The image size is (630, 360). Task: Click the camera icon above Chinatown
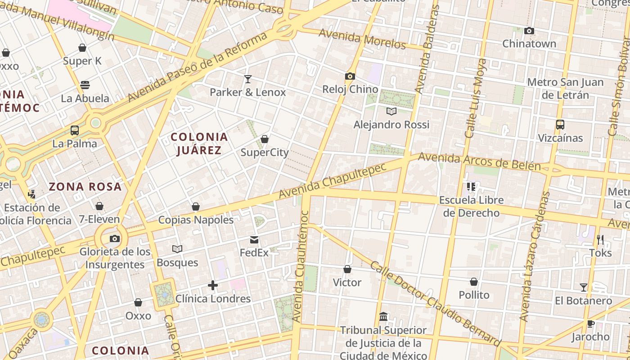pyautogui.click(x=529, y=31)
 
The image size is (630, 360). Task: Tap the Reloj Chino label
pyautogui.click(x=350, y=89)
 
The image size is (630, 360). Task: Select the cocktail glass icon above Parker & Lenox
pyautogui.click(x=247, y=79)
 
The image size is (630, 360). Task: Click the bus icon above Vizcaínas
pyautogui.click(x=560, y=125)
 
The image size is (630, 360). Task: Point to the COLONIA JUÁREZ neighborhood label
pyautogui.click(x=199, y=144)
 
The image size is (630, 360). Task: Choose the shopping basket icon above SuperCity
pyautogui.click(x=265, y=139)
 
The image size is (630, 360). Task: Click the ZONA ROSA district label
pyautogui.click(x=85, y=187)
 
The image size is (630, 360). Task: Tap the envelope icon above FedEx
pyautogui.click(x=254, y=240)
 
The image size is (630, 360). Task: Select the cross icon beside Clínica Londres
pyautogui.click(x=213, y=285)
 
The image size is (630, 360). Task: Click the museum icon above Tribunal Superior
pyautogui.click(x=383, y=317)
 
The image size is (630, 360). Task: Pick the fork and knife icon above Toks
pyautogui.click(x=600, y=239)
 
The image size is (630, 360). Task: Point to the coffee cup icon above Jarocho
pyautogui.click(x=591, y=324)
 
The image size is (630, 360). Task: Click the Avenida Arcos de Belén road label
pyautogui.click(x=479, y=162)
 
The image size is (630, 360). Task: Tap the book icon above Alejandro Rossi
pyautogui.click(x=391, y=111)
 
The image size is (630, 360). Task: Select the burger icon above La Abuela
pyautogui.click(x=85, y=85)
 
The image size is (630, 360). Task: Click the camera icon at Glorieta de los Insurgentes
pyautogui.click(x=115, y=238)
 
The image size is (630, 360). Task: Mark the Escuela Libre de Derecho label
pyautogui.click(x=471, y=206)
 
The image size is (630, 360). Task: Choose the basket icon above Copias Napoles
pyautogui.click(x=195, y=207)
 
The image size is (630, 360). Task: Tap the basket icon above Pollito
pyautogui.click(x=474, y=282)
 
